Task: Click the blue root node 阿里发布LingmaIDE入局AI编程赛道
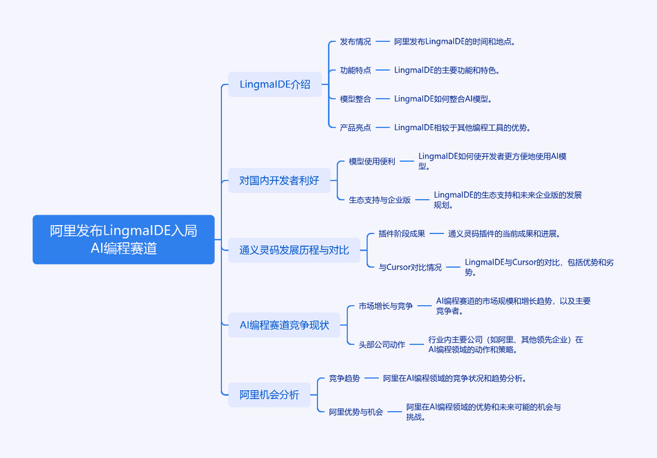pos(123,239)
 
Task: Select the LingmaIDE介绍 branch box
pos(275,84)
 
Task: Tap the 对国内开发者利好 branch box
pos(279,181)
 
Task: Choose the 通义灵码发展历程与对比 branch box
pos(294,250)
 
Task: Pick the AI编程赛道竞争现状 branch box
pos(284,325)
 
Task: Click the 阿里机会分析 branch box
pos(269,395)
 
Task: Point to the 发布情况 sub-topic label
pos(355,41)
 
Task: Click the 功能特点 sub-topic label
pos(355,70)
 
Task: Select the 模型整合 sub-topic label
pos(355,99)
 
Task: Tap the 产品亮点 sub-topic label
pos(355,127)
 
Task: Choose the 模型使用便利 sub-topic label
pos(372,161)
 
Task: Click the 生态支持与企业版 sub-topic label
pos(380,200)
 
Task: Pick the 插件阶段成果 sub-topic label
pos(402,234)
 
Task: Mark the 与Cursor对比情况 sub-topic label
pos(410,267)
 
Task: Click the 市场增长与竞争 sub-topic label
pos(386,306)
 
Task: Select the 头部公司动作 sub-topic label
pos(381,344)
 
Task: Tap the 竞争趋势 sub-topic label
pos(344,378)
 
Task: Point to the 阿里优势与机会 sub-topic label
pos(356,412)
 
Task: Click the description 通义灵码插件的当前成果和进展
pos(504,234)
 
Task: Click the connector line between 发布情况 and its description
pos(383,41)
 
